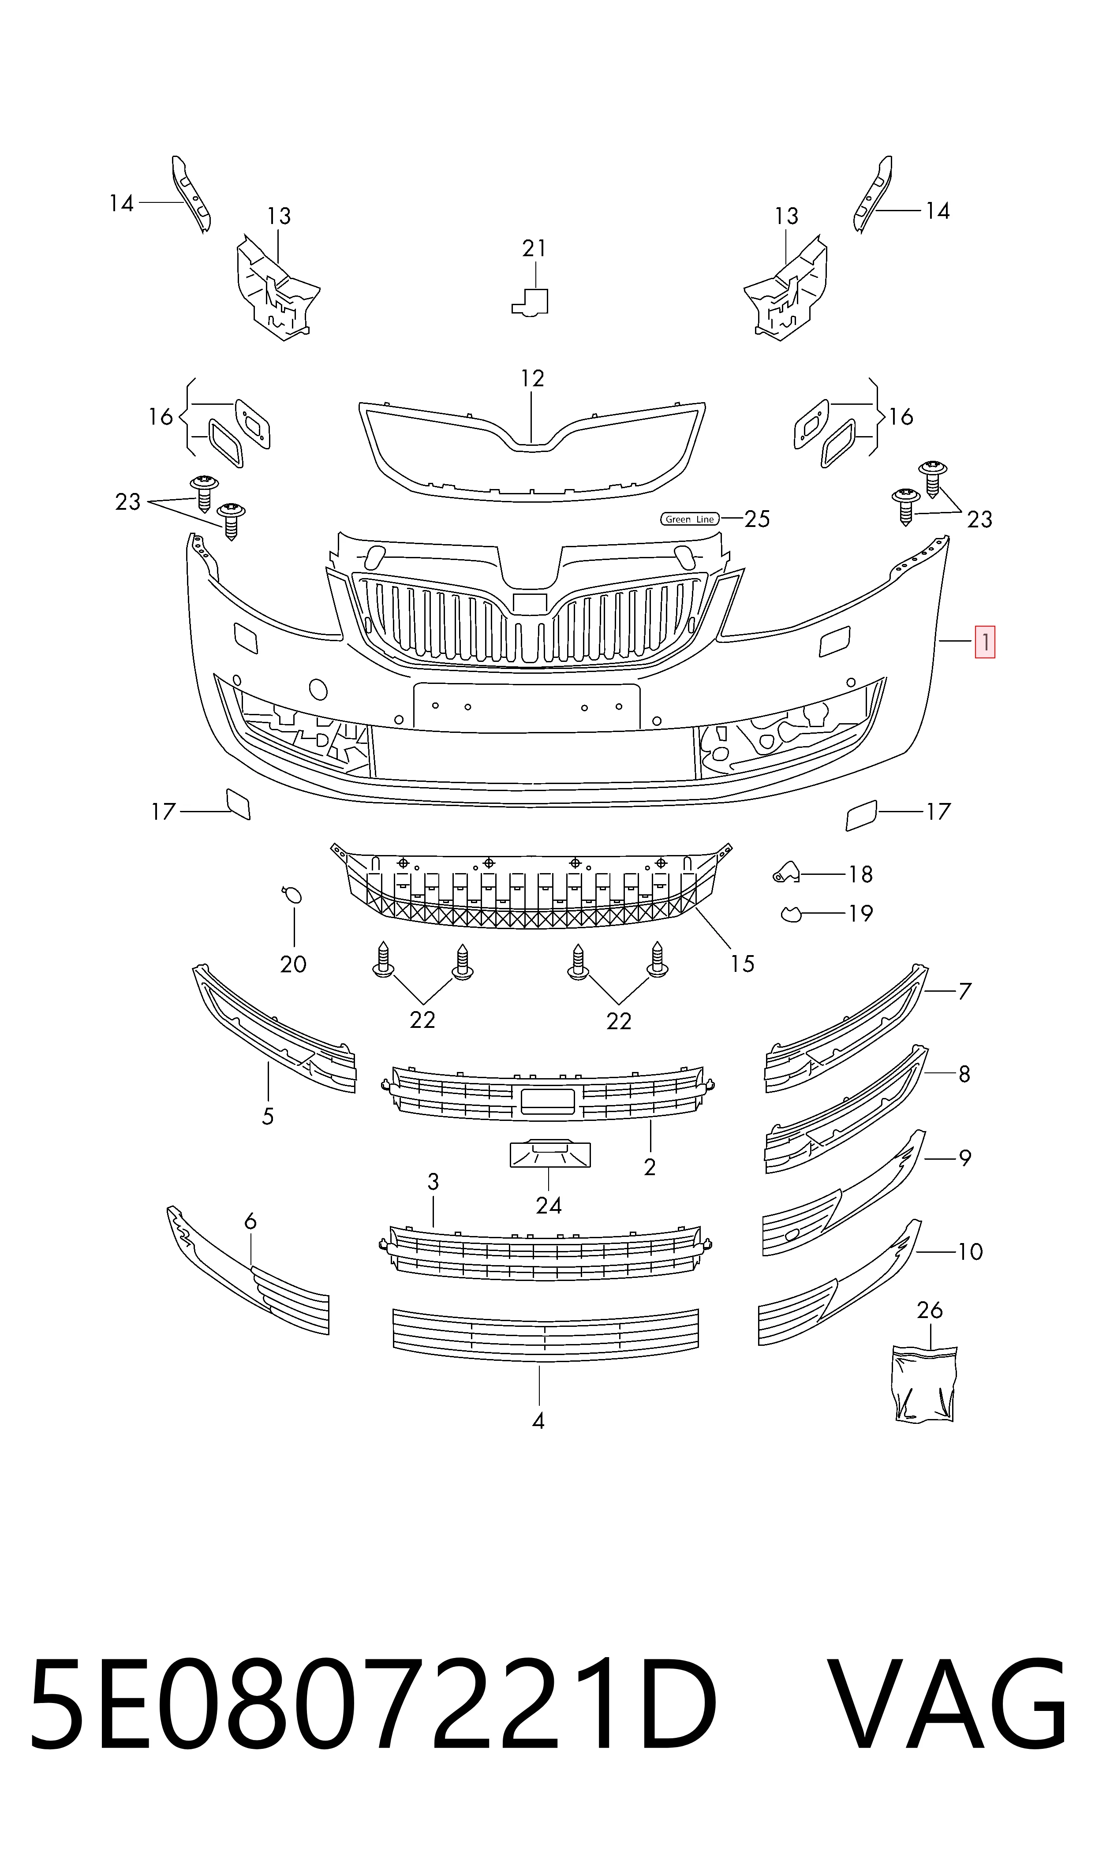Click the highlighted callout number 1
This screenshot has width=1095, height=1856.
(985, 642)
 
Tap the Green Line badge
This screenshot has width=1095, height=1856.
(689, 519)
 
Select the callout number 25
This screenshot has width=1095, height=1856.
(757, 519)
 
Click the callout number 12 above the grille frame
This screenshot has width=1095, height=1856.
(532, 378)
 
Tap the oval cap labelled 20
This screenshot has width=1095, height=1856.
(292, 896)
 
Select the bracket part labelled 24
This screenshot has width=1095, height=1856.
(550, 1154)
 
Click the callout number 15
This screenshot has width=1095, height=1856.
(742, 964)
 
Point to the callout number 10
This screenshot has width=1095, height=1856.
(970, 1252)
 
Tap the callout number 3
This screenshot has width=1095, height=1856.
(433, 1182)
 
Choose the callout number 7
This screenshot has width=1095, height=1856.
(964, 991)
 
